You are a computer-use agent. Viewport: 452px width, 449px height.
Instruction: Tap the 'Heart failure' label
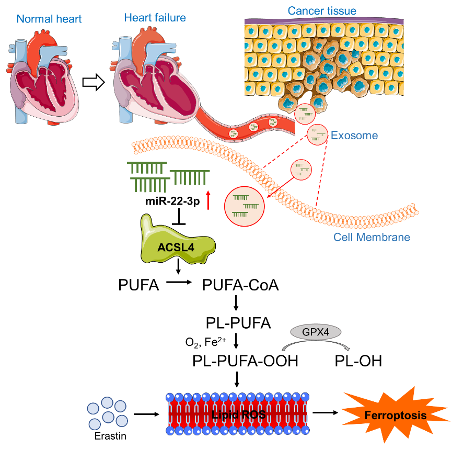[155, 18]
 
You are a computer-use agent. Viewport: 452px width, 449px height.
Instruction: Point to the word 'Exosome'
[354, 136]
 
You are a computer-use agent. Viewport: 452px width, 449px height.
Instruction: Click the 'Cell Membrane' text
[372, 238]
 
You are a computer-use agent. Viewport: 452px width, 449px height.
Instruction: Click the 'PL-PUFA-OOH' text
[245, 361]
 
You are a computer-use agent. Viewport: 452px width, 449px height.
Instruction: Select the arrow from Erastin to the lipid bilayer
[146, 414]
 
